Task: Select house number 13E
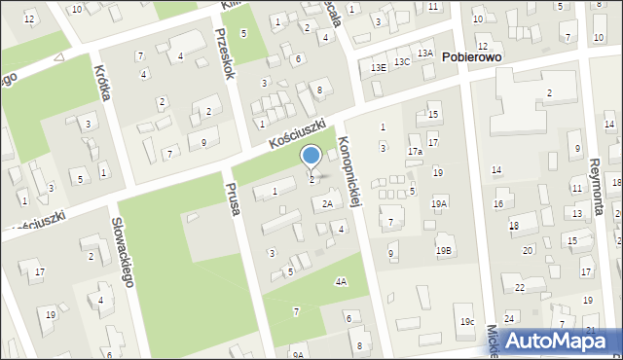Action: [379, 66]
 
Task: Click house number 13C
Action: [401, 61]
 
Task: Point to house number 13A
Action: [425, 53]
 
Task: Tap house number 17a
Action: [415, 152]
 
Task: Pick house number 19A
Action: [439, 203]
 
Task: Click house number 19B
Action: [444, 251]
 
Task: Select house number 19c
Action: [467, 321]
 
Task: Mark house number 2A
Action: [328, 203]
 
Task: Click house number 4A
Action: [341, 281]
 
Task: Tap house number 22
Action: [520, 288]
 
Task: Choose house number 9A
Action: [298, 355]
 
